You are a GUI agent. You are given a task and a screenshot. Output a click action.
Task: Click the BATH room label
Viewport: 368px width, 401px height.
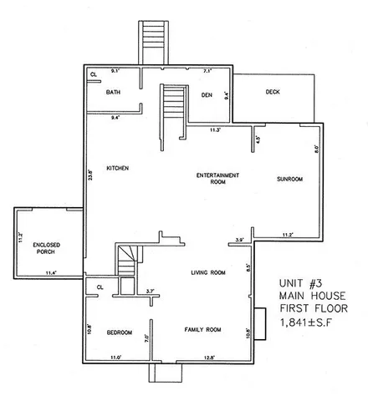click(115, 93)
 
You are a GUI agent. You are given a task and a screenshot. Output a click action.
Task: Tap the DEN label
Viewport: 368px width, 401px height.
click(207, 95)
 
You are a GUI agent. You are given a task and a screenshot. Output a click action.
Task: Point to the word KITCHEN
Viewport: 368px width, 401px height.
click(117, 169)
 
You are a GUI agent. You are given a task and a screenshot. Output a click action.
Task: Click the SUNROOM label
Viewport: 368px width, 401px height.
click(289, 179)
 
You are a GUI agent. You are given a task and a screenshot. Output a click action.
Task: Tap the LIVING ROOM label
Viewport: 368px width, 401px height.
click(209, 272)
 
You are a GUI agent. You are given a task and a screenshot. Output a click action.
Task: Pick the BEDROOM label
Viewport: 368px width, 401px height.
click(120, 332)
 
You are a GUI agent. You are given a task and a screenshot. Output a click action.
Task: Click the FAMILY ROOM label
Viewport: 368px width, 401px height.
click(202, 329)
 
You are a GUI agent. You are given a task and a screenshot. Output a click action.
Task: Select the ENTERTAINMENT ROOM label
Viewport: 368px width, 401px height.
click(218, 178)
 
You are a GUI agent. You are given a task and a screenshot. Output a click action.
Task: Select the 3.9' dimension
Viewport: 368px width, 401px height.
click(240, 240)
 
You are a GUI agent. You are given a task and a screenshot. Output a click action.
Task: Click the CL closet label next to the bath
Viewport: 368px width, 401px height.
click(93, 75)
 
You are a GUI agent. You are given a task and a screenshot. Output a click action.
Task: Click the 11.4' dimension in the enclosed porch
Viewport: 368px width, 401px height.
click(50, 272)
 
